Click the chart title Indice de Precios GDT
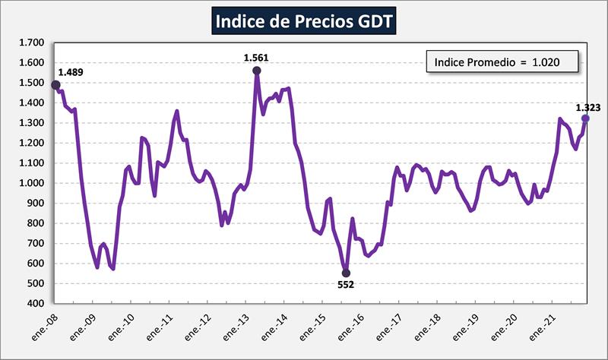pyautogui.click(x=304, y=21)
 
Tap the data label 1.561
pyautogui.click(x=256, y=57)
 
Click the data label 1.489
pyautogui.click(x=71, y=72)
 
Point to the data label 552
pyautogui.click(x=346, y=284)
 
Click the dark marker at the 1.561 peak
pyautogui.click(x=257, y=71)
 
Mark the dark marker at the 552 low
pyautogui.click(x=346, y=273)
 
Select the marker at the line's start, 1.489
pyautogui.click(x=55, y=85)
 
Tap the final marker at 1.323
pyautogui.click(x=585, y=118)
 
